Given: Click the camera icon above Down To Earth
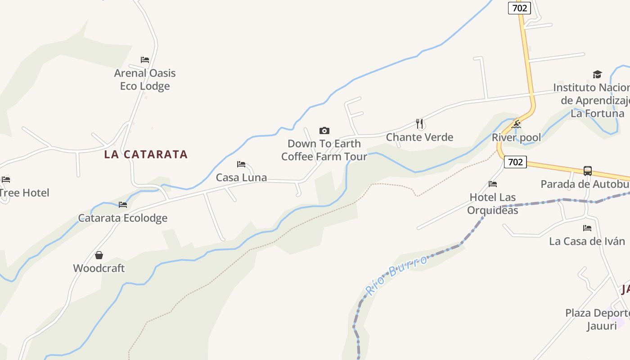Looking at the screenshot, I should coord(324,131).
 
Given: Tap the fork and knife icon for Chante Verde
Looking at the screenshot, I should coord(419,124).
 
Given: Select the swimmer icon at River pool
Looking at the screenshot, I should coord(516,124).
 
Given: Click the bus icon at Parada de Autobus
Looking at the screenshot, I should coord(587,171).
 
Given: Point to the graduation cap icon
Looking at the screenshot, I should coord(597,74).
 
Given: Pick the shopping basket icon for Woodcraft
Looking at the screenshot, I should coord(99,256).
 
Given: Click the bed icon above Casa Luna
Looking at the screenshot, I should coord(241,164).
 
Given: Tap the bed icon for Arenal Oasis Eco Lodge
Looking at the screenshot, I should coord(144,59).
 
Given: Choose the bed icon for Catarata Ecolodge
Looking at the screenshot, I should coord(122,205).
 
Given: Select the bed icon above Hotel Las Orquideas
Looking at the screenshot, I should coord(493,184).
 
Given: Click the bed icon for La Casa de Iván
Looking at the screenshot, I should coord(587,228).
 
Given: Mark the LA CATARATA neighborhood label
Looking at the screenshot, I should coord(146,154).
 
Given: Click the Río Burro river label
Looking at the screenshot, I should coord(396,274).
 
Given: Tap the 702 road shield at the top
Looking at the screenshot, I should coord(520,8).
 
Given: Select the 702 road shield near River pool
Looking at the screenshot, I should coord(515,162).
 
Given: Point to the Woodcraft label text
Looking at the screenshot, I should coord(99,268).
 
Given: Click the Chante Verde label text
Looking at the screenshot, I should coord(419,137).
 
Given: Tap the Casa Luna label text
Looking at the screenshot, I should coord(241,178).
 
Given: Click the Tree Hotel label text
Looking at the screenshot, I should coord(24,193).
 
